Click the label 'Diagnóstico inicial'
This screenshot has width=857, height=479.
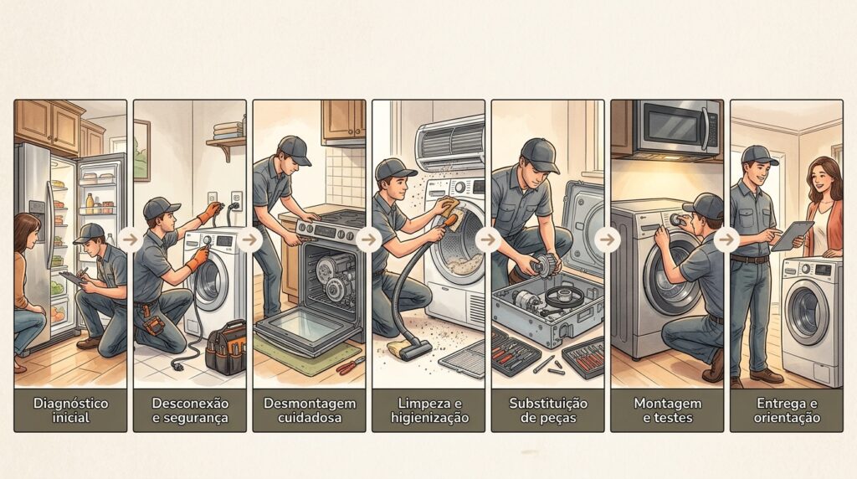pos(70,410)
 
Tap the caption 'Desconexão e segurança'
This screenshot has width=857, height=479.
pos(190,410)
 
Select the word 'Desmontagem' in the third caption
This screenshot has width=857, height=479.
pos(310,404)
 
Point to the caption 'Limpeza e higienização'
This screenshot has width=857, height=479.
pos(429,410)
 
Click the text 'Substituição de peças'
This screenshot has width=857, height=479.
pos(548,410)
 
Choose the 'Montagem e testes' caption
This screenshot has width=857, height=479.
pos(667,410)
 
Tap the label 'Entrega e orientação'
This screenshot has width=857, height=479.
pos(787,410)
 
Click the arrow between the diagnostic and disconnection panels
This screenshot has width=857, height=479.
pos(130,239)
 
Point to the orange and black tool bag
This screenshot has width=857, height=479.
pos(226,348)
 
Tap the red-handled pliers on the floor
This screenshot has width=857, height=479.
pos(351,366)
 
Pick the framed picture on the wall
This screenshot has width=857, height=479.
pos(141,150)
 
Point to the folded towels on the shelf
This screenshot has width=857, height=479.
pos(228,130)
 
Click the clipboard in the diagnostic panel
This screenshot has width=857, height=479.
pos(73,278)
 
